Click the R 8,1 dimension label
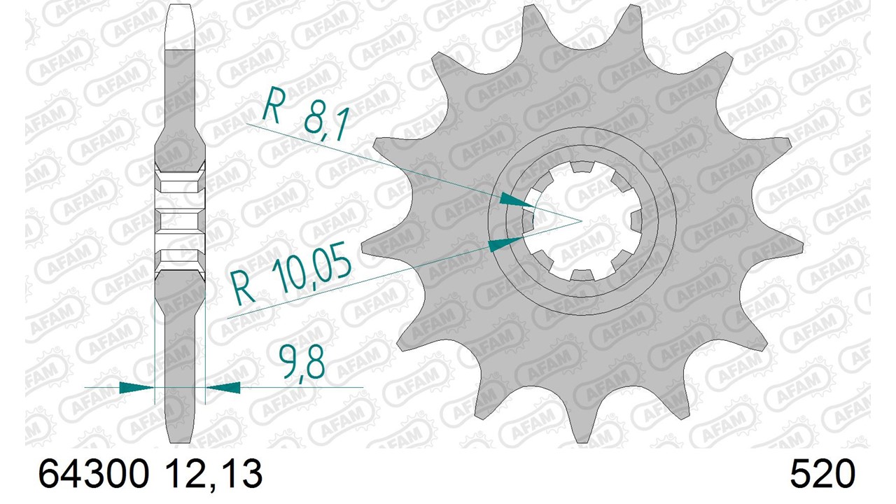click(x=306, y=113)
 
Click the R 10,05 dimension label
click(x=292, y=272)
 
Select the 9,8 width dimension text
click(x=301, y=363)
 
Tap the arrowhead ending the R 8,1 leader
click(x=517, y=199)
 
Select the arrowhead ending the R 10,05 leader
click(x=505, y=244)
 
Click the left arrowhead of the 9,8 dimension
click(x=136, y=387)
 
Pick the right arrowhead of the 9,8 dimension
click(x=223, y=387)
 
